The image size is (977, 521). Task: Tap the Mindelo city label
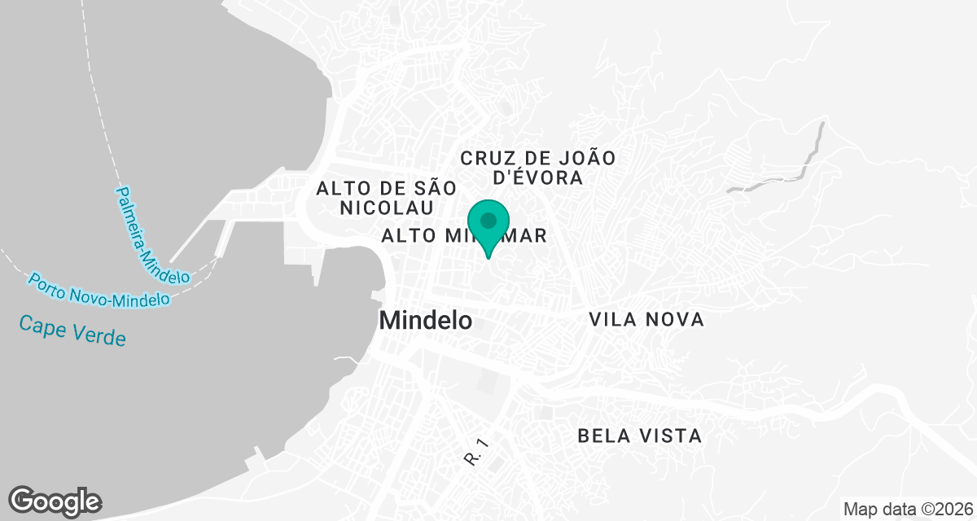(426, 320)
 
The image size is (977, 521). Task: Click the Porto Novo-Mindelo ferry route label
(99, 291)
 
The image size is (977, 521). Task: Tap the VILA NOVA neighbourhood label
(646, 320)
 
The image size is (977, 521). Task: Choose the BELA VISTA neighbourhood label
(639, 436)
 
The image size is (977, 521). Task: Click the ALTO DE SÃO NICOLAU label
(388, 197)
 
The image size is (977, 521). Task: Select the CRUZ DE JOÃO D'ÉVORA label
(537, 167)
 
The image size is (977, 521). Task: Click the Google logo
(55, 501)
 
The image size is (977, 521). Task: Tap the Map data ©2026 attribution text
(907, 510)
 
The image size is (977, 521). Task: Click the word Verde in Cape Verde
(100, 334)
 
